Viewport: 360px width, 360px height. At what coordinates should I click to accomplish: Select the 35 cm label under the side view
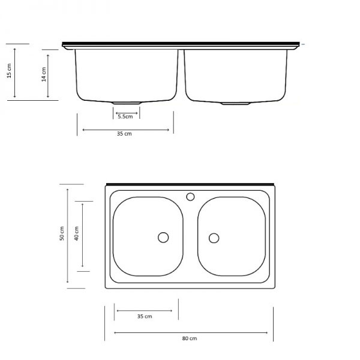[124, 134]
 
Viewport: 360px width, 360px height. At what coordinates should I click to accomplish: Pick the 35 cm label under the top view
[144, 316]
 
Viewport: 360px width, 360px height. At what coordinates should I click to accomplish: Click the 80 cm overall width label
[190, 338]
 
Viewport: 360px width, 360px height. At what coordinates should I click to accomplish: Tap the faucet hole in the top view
[191, 196]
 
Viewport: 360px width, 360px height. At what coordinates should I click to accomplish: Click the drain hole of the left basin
[163, 238]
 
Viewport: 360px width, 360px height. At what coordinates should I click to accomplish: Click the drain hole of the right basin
[214, 238]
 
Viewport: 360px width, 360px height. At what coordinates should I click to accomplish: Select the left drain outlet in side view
[127, 102]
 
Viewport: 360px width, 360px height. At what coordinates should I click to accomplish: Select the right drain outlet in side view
[236, 103]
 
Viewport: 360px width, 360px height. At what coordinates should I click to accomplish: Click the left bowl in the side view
[127, 75]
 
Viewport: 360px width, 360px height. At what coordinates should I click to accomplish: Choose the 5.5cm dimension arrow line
[126, 111]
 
